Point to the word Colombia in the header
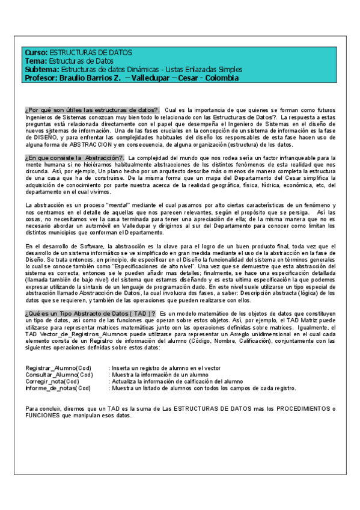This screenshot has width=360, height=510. coord(218,78)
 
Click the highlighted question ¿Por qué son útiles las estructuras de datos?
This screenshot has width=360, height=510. coord(92,110)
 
